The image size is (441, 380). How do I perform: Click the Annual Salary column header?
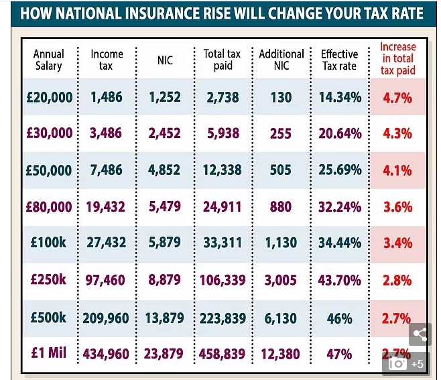point(48,60)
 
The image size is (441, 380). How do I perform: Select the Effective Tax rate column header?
point(340,60)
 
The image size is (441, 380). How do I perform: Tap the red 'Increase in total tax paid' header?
point(397,59)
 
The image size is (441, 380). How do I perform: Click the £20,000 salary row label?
point(48,97)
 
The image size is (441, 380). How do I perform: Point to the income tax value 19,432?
point(107,206)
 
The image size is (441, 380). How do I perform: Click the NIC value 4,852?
point(165,170)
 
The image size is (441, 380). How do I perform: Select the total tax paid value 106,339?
point(223,279)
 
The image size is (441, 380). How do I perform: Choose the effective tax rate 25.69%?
point(340,170)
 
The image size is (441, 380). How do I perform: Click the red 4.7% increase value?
point(397,97)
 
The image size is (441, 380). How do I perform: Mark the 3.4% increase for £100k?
point(397,243)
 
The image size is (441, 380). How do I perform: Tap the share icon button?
point(420,334)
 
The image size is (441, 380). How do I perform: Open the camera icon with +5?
point(406,363)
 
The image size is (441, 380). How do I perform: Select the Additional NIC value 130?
point(281,97)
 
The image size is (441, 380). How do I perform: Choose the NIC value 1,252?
point(165,97)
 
